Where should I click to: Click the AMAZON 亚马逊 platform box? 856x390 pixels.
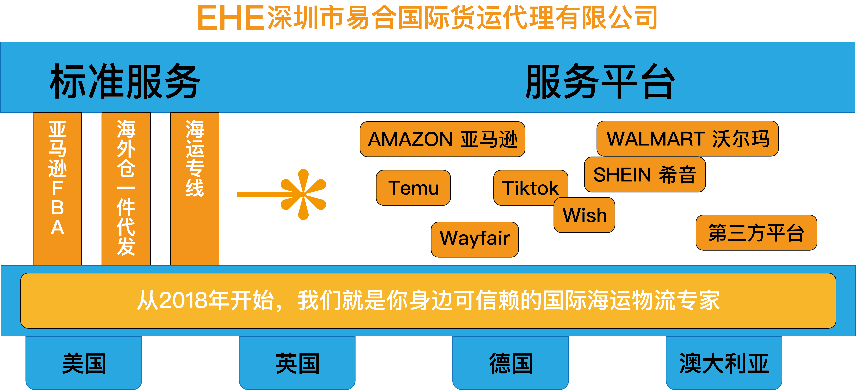(442, 139)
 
